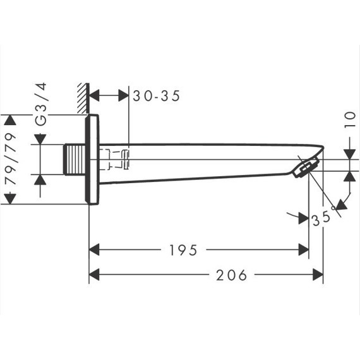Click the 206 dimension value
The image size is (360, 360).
point(232,275)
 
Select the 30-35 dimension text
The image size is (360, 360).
point(157,96)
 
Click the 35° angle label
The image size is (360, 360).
point(322,218)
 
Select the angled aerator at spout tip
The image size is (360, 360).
point(306,165)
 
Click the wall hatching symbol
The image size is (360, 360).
point(83,98)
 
